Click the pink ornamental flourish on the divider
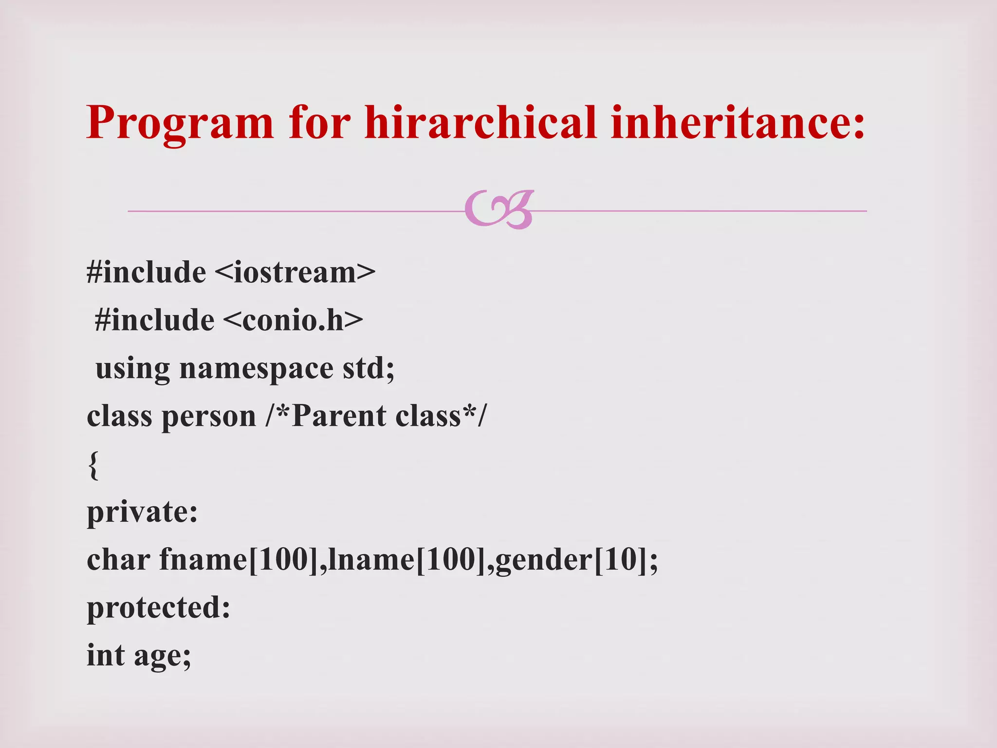[499, 209]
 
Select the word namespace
[256, 369]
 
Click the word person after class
[209, 417]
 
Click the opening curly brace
[93, 465]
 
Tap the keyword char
[118, 560]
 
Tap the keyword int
[106, 655]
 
